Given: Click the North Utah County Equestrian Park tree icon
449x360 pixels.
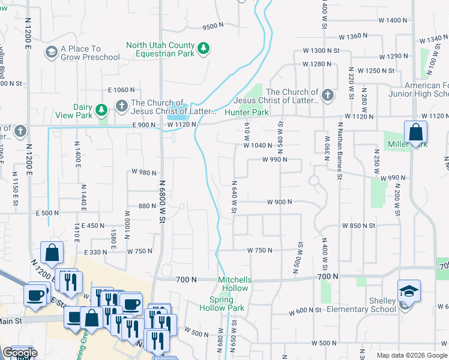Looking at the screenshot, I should click(x=203, y=49).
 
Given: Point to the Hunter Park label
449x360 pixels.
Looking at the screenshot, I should click(x=246, y=112).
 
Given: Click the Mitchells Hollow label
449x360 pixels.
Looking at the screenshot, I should click(x=235, y=284).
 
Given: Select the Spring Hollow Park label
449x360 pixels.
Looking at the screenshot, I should click(x=226, y=304).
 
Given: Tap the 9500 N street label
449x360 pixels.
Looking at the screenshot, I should click(x=212, y=26).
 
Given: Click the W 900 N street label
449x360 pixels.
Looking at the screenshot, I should click(x=279, y=202).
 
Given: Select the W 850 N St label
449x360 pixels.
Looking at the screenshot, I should click(x=358, y=226).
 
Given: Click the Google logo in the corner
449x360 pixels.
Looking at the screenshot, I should click(x=19, y=353).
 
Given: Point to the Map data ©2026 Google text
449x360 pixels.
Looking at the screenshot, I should click(x=411, y=355).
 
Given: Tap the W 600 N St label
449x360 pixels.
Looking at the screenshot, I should click(x=306, y=312).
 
